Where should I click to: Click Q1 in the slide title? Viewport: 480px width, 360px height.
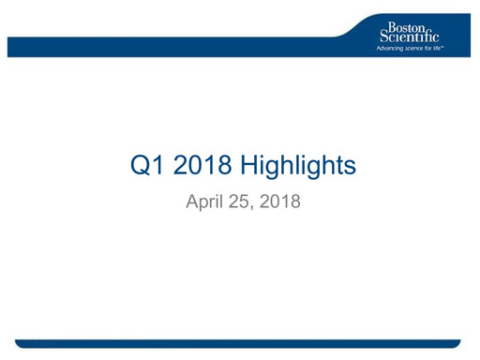click(x=143, y=168)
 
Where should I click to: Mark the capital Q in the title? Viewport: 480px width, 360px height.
click(x=136, y=168)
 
